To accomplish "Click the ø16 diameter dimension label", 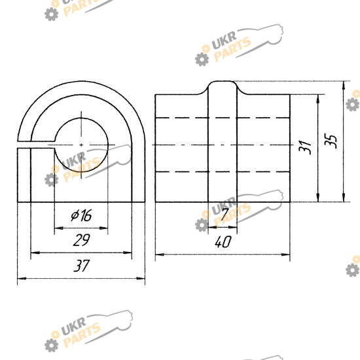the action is (x=81, y=215).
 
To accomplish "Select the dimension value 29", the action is (x=82, y=240).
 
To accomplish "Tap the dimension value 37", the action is (x=81, y=266).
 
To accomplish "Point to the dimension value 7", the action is (x=225, y=214).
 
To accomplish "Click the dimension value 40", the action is (x=223, y=242).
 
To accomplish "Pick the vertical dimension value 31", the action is (x=305, y=147).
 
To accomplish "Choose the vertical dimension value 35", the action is (x=331, y=141).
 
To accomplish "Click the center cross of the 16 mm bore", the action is (x=81, y=145).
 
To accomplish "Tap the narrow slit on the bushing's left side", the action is (x=36, y=145).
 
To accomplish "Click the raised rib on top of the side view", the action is (x=223, y=88).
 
